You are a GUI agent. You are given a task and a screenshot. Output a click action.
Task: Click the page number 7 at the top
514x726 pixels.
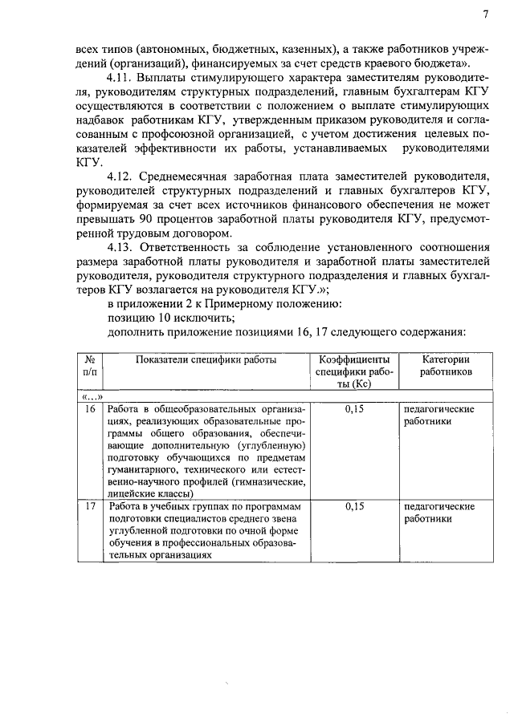pos(485,14)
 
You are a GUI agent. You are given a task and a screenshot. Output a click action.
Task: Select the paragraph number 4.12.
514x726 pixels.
pos(120,176)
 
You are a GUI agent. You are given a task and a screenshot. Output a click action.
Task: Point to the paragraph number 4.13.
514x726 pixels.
pos(120,248)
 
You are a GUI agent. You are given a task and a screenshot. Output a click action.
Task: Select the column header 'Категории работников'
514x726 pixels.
pos(445,367)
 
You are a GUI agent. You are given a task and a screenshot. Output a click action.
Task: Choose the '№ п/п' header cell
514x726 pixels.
pos(91,367)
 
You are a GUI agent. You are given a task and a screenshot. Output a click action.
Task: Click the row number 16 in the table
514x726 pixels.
pos(91,409)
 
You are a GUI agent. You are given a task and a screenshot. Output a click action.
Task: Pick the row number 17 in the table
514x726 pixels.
pos(91,506)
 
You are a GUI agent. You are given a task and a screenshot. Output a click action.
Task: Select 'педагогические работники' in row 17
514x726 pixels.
pos(439,513)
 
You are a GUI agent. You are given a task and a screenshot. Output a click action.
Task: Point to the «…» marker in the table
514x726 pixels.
pos(91,395)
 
